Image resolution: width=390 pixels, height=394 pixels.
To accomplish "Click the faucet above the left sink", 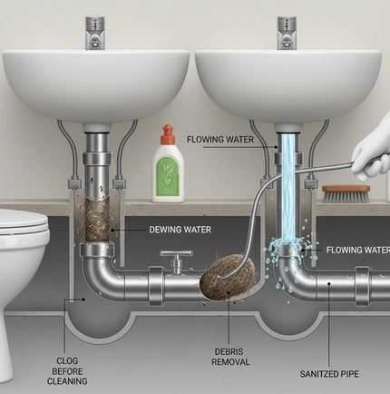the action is [95, 33].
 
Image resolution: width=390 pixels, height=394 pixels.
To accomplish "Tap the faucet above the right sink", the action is [288, 33].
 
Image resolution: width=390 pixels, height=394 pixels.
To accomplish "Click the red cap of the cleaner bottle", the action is [168, 134].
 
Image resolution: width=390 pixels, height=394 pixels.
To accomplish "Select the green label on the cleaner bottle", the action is [168, 175].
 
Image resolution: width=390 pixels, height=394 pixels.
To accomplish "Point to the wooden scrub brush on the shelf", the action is [346, 193].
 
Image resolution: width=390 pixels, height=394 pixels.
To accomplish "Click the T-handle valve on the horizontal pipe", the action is [177, 261].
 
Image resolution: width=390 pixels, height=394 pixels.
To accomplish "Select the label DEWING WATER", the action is [180, 230].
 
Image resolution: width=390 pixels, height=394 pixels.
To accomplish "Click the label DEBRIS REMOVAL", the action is [230, 357].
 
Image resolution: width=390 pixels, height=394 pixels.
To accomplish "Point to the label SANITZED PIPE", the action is [329, 374].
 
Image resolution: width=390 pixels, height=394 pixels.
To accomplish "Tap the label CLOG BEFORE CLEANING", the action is [67, 371].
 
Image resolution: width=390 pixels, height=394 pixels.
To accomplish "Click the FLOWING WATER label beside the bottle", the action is [220, 140].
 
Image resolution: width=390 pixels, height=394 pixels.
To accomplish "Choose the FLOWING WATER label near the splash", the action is [358, 250].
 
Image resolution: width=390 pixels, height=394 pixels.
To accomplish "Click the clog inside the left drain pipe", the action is [97, 219].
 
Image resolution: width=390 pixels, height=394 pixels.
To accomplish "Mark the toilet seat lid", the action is [24, 222].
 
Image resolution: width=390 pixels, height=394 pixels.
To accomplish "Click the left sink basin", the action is [96, 85].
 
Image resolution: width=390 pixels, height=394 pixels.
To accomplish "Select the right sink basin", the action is [288, 85].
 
